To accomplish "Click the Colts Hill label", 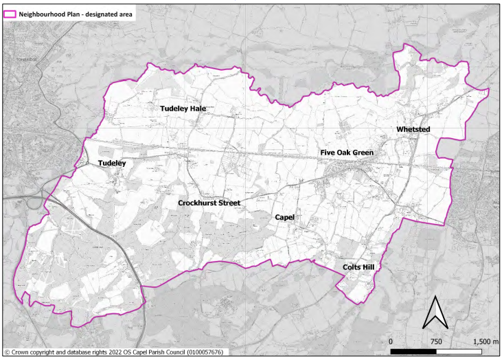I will [x=362, y=267].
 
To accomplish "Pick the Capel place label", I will [x=284, y=217].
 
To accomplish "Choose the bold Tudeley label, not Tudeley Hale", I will [x=112, y=164].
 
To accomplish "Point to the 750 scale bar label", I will [x=436, y=341].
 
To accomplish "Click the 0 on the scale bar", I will [x=391, y=341].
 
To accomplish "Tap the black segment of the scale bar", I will [x=414, y=352].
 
